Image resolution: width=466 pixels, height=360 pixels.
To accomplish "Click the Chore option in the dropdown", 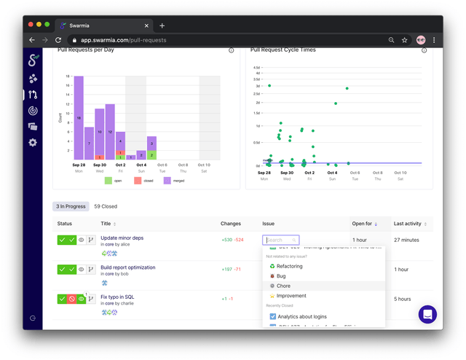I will point(284,286).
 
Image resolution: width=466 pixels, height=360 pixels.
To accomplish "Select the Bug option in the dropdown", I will point(281,276).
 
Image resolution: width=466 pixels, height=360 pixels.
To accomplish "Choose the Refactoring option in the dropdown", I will point(289,266).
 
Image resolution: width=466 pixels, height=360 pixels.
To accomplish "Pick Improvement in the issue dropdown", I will point(291,296).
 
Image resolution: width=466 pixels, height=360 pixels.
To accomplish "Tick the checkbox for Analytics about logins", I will point(273,316).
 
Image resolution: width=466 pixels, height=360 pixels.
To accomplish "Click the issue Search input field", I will point(280,240).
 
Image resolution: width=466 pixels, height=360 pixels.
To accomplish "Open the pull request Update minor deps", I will point(122,238).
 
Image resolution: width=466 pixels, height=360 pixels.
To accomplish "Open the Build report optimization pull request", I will point(127,267).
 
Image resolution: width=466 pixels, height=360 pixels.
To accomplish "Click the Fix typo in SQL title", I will point(117,297).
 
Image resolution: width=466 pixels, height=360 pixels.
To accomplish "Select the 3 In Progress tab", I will point(71,206).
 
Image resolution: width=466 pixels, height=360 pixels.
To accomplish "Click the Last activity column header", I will point(408,224).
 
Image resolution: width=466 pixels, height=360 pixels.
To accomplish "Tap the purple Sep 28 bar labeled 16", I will point(79,117).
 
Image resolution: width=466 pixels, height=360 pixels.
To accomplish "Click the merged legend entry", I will point(174,180).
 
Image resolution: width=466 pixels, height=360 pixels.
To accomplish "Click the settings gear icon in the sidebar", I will point(33,142).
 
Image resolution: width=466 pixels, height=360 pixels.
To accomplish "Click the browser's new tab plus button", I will point(162,26).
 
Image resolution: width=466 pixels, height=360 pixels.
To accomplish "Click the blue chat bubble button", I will point(428,314).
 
